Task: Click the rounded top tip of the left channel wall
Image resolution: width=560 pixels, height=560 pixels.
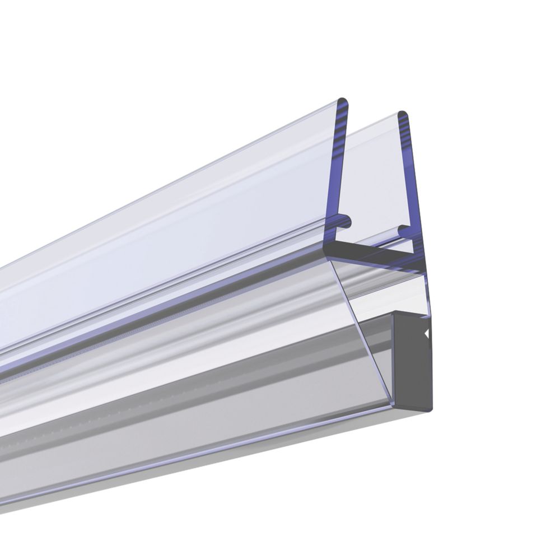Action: pyautogui.click(x=342, y=103)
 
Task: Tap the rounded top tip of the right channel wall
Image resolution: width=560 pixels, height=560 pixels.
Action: pyautogui.click(x=402, y=115)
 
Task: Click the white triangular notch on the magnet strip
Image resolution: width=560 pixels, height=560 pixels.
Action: pyautogui.click(x=427, y=334)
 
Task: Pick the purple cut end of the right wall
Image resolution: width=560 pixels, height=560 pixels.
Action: pyautogui.click(x=412, y=185)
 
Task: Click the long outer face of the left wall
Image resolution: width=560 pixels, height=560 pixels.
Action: pyautogui.click(x=168, y=224)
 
